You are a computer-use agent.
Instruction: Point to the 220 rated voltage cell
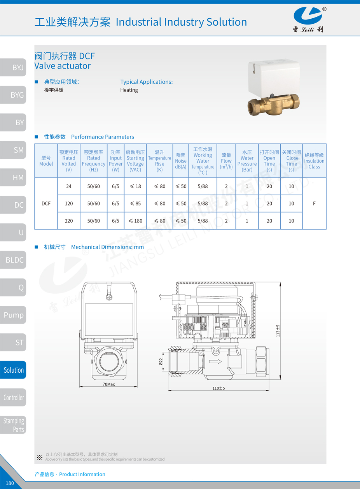tap(69, 221)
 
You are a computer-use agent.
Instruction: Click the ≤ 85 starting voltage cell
tap(135, 203)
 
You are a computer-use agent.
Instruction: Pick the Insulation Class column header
tap(314, 161)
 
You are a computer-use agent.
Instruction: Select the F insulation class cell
tap(314, 203)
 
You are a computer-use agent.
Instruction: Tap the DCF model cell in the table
tap(46, 203)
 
